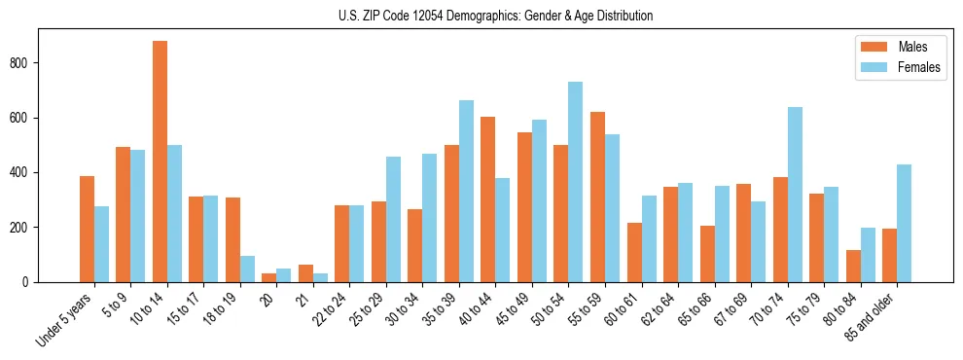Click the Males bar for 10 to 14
tap(160, 162)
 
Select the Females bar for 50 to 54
tap(576, 182)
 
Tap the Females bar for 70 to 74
tap(795, 195)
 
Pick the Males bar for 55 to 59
tap(597, 198)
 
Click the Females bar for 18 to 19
tap(247, 270)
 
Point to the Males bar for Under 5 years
tap(87, 230)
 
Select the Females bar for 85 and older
tap(904, 224)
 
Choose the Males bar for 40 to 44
tap(488, 199)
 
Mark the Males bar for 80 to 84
tap(853, 266)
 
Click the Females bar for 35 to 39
tap(466, 192)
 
